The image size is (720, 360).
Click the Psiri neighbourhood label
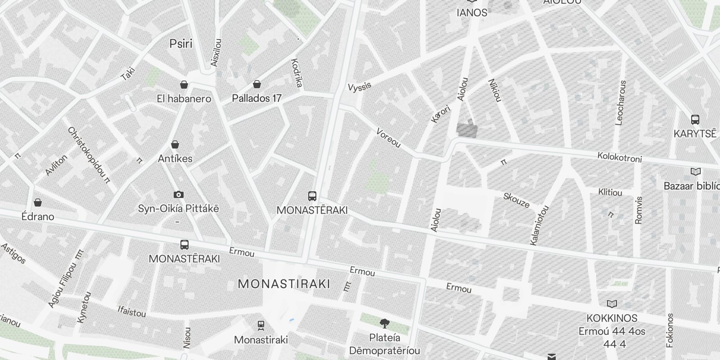click(180, 44)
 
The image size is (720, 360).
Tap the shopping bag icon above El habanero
click(184, 85)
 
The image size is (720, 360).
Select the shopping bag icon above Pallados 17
click(256, 84)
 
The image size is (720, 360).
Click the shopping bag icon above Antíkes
click(175, 144)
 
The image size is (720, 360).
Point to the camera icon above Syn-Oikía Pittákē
click(179, 194)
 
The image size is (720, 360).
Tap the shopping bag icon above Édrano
click(38, 202)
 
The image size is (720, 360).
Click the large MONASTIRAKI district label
click(283, 284)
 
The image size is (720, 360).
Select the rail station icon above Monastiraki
click(261, 325)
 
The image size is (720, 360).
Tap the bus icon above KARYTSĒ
click(695, 120)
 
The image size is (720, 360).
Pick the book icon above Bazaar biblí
click(696, 172)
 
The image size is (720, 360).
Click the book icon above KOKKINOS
click(612, 304)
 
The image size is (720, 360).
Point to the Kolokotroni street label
click(619, 157)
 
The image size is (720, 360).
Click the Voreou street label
click(388, 138)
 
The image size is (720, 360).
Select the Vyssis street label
click(360, 86)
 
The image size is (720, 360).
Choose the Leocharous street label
click(621, 103)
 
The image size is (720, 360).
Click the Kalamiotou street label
click(539, 225)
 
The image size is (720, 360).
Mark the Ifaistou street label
click(132, 311)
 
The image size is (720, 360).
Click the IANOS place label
click(472, 13)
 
